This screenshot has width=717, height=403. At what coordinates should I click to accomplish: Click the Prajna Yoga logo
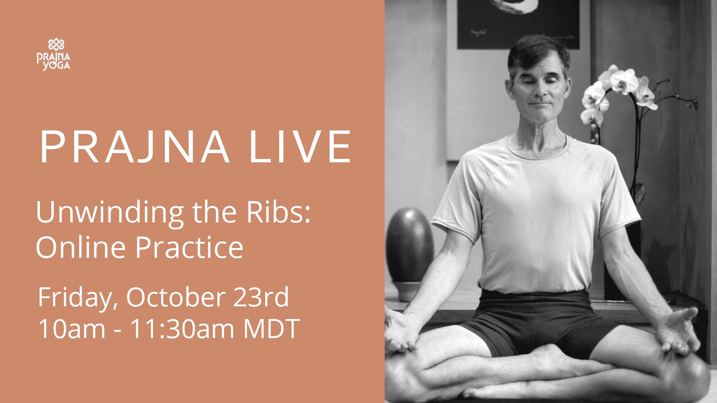(x=53, y=54)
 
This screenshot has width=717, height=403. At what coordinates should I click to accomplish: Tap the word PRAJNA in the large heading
(x=134, y=147)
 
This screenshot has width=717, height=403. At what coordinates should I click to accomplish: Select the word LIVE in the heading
(x=300, y=147)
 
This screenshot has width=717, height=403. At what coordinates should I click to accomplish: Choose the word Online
(x=81, y=247)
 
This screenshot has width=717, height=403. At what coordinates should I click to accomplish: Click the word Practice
(x=189, y=247)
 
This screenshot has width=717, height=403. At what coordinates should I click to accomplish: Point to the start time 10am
(x=72, y=329)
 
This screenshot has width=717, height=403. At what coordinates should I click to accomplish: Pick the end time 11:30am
(x=182, y=329)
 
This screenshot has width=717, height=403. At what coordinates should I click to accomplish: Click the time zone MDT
(x=271, y=329)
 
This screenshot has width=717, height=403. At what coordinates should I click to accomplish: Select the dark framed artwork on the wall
(x=518, y=23)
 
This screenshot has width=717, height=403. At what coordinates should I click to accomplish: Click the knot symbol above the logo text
(x=56, y=45)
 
